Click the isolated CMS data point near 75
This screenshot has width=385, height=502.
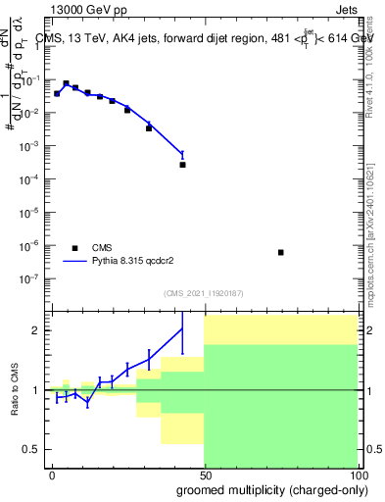[x=281, y=252]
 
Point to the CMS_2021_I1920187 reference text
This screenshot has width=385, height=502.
[x=203, y=293]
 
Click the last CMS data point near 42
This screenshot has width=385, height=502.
[x=183, y=164]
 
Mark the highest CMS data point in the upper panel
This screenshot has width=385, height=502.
[x=66, y=84]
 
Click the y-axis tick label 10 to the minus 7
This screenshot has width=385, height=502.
[x=33, y=277]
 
